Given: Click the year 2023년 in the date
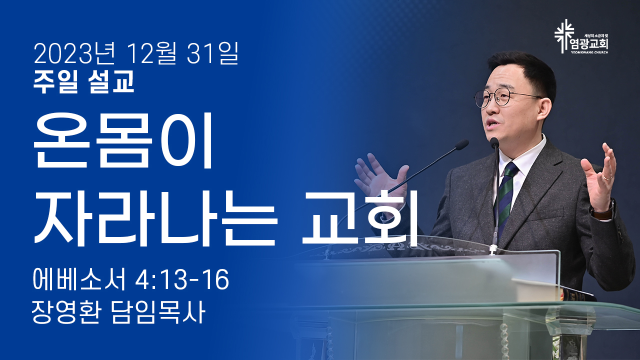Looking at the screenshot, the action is click(x=74, y=54).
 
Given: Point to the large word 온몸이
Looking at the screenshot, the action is click(x=123, y=140).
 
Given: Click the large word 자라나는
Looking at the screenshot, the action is click(x=155, y=218).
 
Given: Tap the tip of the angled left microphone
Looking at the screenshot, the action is click(x=461, y=144).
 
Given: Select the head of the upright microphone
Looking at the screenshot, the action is click(x=494, y=142).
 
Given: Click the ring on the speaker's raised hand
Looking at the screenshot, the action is click(x=608, y=177).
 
